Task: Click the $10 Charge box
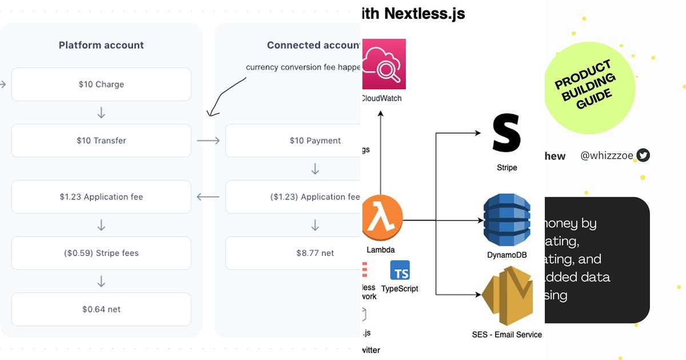point(101,85)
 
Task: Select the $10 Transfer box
point(101,141)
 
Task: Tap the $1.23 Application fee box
point(101,197)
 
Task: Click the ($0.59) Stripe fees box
point(101,253)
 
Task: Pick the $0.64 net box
point(101,309)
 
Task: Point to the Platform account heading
point(101,45)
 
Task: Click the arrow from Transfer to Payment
point(208,141)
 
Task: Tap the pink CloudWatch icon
point(383,64)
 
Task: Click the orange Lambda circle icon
point(382,217)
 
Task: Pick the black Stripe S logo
point(506,133)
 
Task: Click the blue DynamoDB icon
point(506,220)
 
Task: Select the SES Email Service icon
point(506,297)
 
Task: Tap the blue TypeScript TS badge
point(400,270)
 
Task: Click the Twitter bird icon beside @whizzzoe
point(643,155)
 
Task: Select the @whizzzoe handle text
point(607,155)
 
